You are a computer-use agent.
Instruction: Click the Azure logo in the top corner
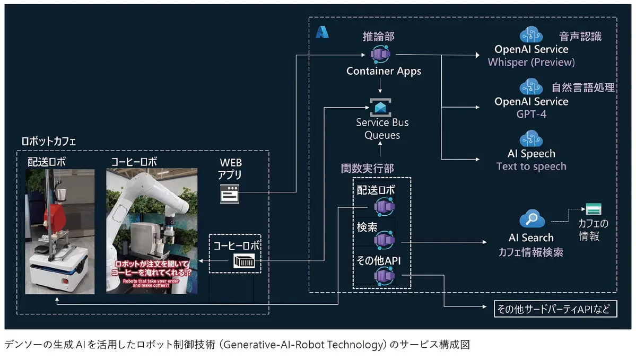coord(322,32)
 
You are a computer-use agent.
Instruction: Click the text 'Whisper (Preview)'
coord(531,62)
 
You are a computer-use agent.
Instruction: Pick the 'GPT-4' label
coord(531,114)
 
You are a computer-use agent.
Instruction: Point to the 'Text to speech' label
coord(531,166)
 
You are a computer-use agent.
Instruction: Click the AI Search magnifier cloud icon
coord(531,218)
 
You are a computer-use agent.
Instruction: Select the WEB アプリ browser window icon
coord(230,195)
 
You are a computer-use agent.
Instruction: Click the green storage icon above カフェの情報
coord(593,208)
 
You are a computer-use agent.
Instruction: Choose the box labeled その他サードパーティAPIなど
coord(555,309)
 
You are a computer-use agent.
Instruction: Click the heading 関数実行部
coord(367,169)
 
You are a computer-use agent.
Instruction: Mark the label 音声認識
coord(580,37)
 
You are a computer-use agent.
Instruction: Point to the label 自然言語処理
coord(582,87)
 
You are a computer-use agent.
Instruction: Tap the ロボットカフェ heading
coord(48,142)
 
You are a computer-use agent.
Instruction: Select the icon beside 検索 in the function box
coord(383,241)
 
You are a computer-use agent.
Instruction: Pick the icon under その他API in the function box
coord(383,276)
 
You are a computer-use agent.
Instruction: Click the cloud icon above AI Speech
coord(531,139)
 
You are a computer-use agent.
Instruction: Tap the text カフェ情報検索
coord(530,252)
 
